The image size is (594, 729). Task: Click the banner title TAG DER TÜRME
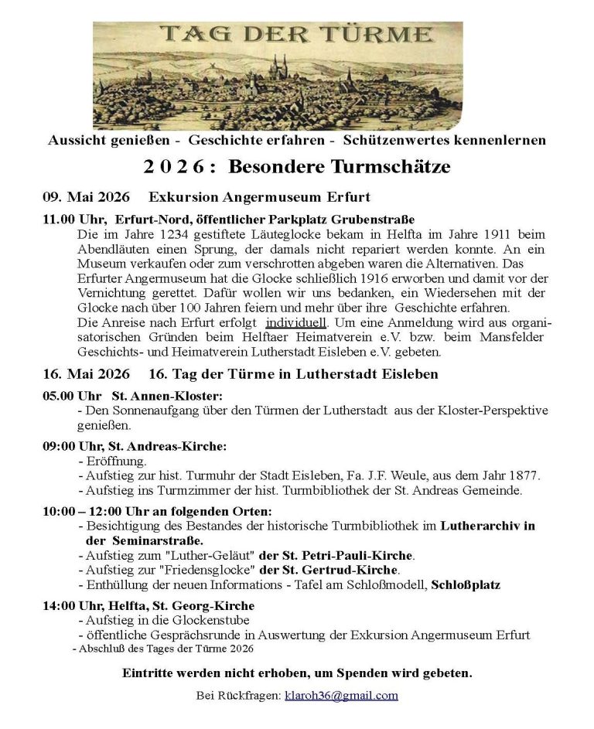[296, 34]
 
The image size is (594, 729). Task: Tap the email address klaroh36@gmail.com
[341, 695]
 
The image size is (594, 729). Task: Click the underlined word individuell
[297, 322]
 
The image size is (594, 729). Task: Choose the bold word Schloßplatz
[466, 585]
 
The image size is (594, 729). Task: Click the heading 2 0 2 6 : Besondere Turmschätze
[297, 166]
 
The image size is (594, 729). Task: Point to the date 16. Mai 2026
[86, 374]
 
